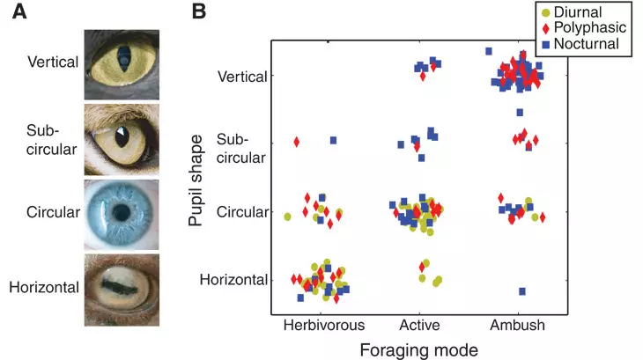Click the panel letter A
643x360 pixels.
[x=19, y=11]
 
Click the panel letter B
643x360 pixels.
[x=199, y=11]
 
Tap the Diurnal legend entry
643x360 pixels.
[x=572, y=12]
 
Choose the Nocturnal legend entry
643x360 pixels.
[x=580, y=44]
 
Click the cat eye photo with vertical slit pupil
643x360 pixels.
[x=122, y=64]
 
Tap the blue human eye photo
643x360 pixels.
[x=122, y=215]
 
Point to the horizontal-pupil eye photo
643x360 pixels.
[x=122, y=290]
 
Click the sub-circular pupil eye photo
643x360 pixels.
[x=122, y=140]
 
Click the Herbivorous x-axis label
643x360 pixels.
[x=324, y=325]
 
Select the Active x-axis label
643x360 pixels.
[x=419, y=325]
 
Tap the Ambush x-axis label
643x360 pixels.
[x=518, y=325]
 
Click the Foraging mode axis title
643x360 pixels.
[x=418, y=350]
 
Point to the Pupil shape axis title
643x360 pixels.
[x=196, y=180]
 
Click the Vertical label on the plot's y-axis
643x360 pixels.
[x=242, y=77]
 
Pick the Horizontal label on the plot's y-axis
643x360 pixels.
[x=233, y=280]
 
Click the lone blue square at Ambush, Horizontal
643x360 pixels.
[x=522, y=291]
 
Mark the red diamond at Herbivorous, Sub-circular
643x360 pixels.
[x=297, y=142]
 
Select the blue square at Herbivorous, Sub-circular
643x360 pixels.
[x=334, y=141]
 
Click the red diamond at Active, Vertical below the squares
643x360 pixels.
[x=423, y=76]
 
